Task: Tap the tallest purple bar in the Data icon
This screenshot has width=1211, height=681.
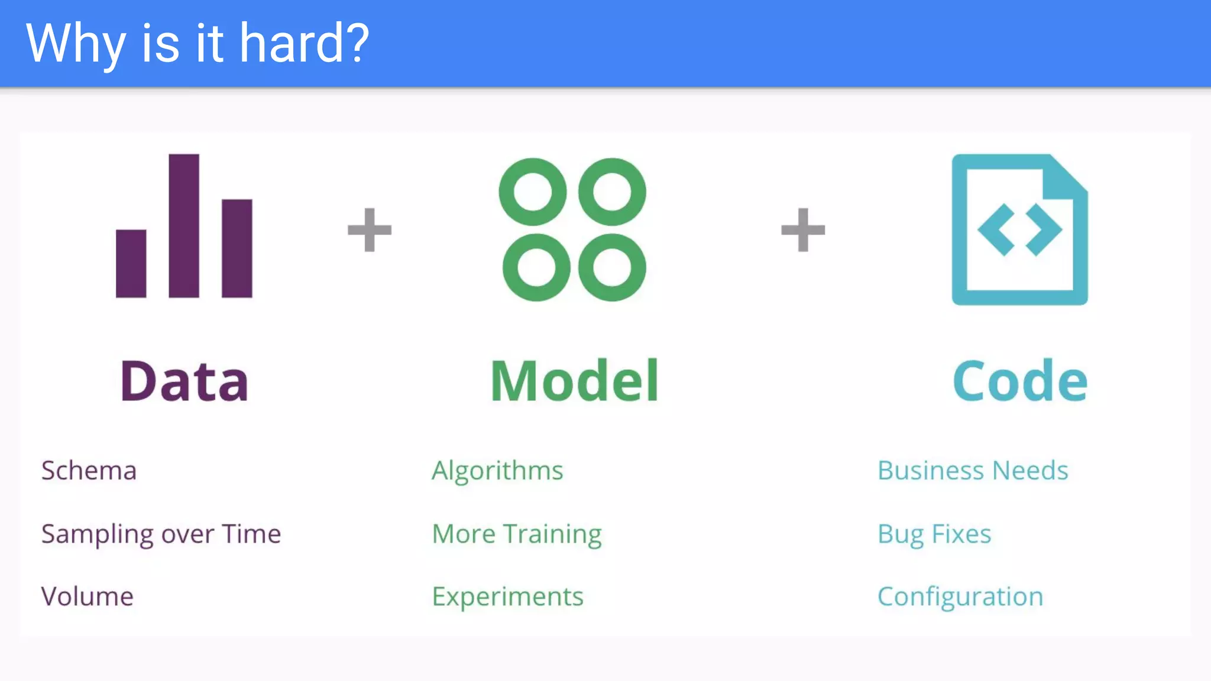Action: click(184, 226)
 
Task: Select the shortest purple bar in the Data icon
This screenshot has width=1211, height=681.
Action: click(131, 264)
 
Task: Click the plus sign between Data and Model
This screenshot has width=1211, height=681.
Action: click(370, 230)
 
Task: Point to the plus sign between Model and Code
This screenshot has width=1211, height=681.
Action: click(803, 230)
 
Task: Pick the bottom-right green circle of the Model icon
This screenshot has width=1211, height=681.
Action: click(612, 267)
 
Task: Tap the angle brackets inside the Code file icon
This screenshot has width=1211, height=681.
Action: click(1019, 230)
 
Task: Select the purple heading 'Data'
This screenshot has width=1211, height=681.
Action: click(184, 381)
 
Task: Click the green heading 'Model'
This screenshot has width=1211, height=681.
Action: click(574, 381)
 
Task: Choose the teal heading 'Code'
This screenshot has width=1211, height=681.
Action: click(1020, 381)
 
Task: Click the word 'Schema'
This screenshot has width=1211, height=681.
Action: click(89, 471)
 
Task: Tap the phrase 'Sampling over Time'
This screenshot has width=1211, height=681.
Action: click(161, 534)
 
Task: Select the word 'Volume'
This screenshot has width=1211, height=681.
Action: click(87, 596)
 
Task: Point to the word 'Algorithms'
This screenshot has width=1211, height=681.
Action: click(497, 471)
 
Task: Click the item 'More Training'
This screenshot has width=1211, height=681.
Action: click(517, 534)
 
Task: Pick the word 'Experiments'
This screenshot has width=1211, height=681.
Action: click(507, 596)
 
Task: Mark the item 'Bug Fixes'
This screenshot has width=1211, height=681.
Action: click(934, 534)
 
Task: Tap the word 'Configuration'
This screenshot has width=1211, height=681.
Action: click(960, 596)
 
